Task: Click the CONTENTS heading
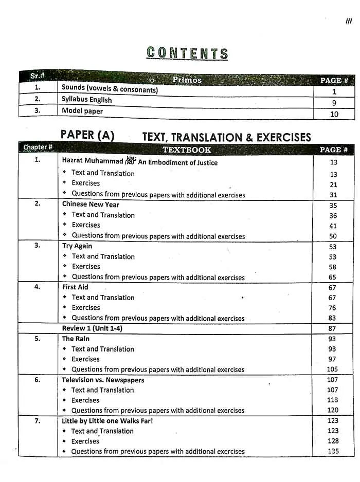click(187, 53)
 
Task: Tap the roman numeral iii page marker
click(348, 21)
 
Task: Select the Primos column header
click(187, 80)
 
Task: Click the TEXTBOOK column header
click(187, 150)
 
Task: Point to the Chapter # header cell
click(38, 147)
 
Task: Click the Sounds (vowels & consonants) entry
click(110, 89)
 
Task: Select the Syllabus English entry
click(86, 100)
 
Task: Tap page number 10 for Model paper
click(334, 114)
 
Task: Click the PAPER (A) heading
click(87, 135)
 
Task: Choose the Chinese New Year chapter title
click(91, 204)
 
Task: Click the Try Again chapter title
click(77, 246)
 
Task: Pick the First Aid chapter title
click(75, 287)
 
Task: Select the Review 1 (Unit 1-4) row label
click(92, 328)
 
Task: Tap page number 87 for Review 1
click(332, 328)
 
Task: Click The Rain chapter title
click(75, 339)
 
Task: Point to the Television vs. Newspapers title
click(103, 380)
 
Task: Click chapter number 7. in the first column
click(38, 421)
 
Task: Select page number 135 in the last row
click(333, 452)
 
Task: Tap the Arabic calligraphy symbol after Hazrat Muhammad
click(130, 161)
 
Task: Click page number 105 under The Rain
click(332, 369)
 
